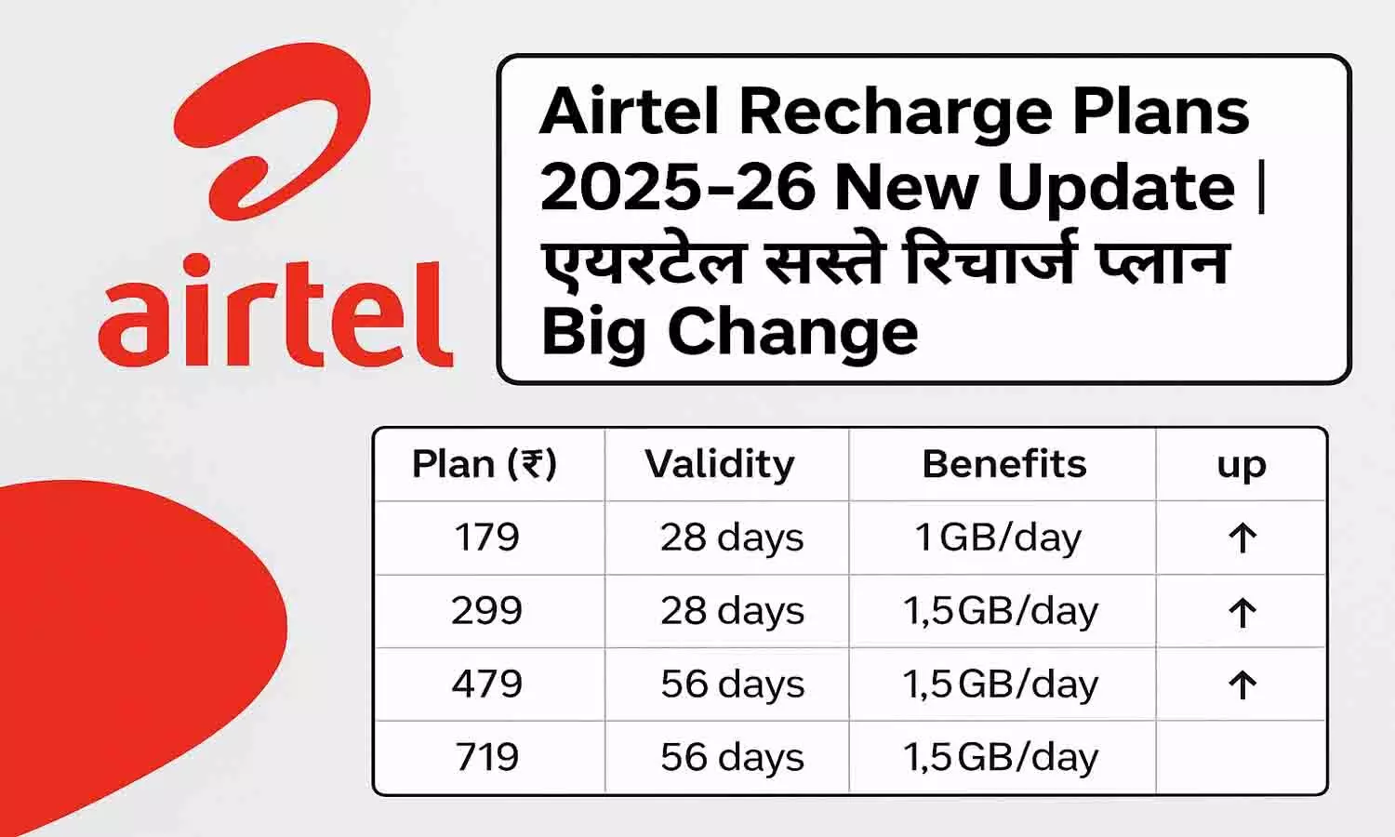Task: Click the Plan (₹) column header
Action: (485, 464)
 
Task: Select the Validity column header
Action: (720, 464)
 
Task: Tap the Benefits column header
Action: (1004, 464)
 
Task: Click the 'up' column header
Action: (1242, 465)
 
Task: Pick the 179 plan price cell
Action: (486, 538)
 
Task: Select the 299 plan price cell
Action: (486, 611)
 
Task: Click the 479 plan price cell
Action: (487, 684)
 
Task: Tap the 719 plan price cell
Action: (487, 757)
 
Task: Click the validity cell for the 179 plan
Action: (732, 538)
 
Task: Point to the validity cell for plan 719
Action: (732, 757)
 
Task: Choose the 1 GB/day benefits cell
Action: (999, 538)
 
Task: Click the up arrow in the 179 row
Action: (1242, 538)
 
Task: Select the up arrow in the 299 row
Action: (1242, 612)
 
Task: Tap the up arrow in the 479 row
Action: (1242, 685)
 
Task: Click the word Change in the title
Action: (792, 332)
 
